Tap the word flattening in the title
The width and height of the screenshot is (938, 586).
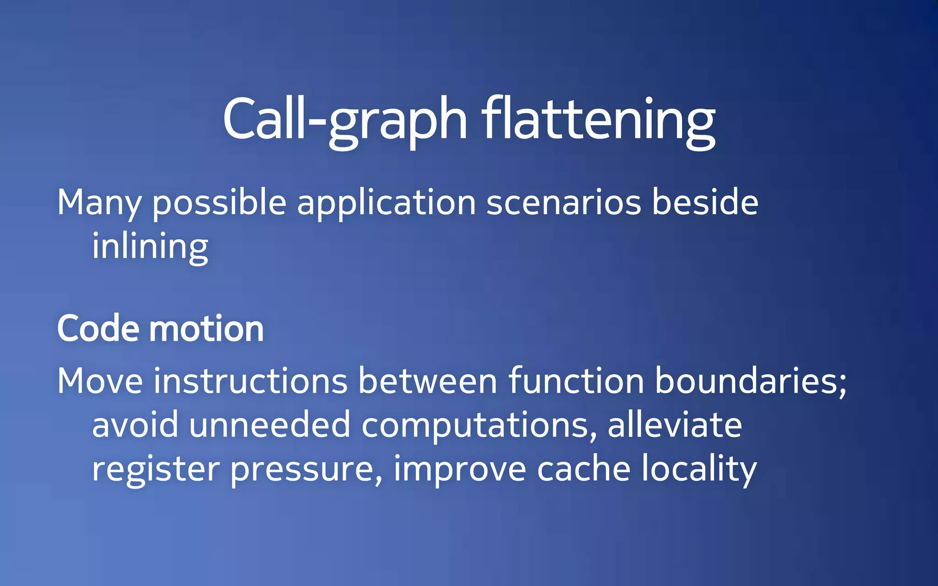598,119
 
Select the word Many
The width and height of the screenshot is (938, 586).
99,203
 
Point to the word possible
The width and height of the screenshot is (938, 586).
219,203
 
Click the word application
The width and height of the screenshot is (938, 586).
387,203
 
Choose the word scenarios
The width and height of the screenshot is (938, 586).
563,203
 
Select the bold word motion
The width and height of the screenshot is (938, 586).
207,329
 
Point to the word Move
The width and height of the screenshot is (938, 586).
100,381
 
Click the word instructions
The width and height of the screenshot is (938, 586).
251,381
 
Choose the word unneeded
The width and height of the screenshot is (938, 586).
270,425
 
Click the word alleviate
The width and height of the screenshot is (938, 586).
674,425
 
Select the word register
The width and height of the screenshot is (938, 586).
156,470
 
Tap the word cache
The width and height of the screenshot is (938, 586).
584,469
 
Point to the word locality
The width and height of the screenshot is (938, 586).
699,469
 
